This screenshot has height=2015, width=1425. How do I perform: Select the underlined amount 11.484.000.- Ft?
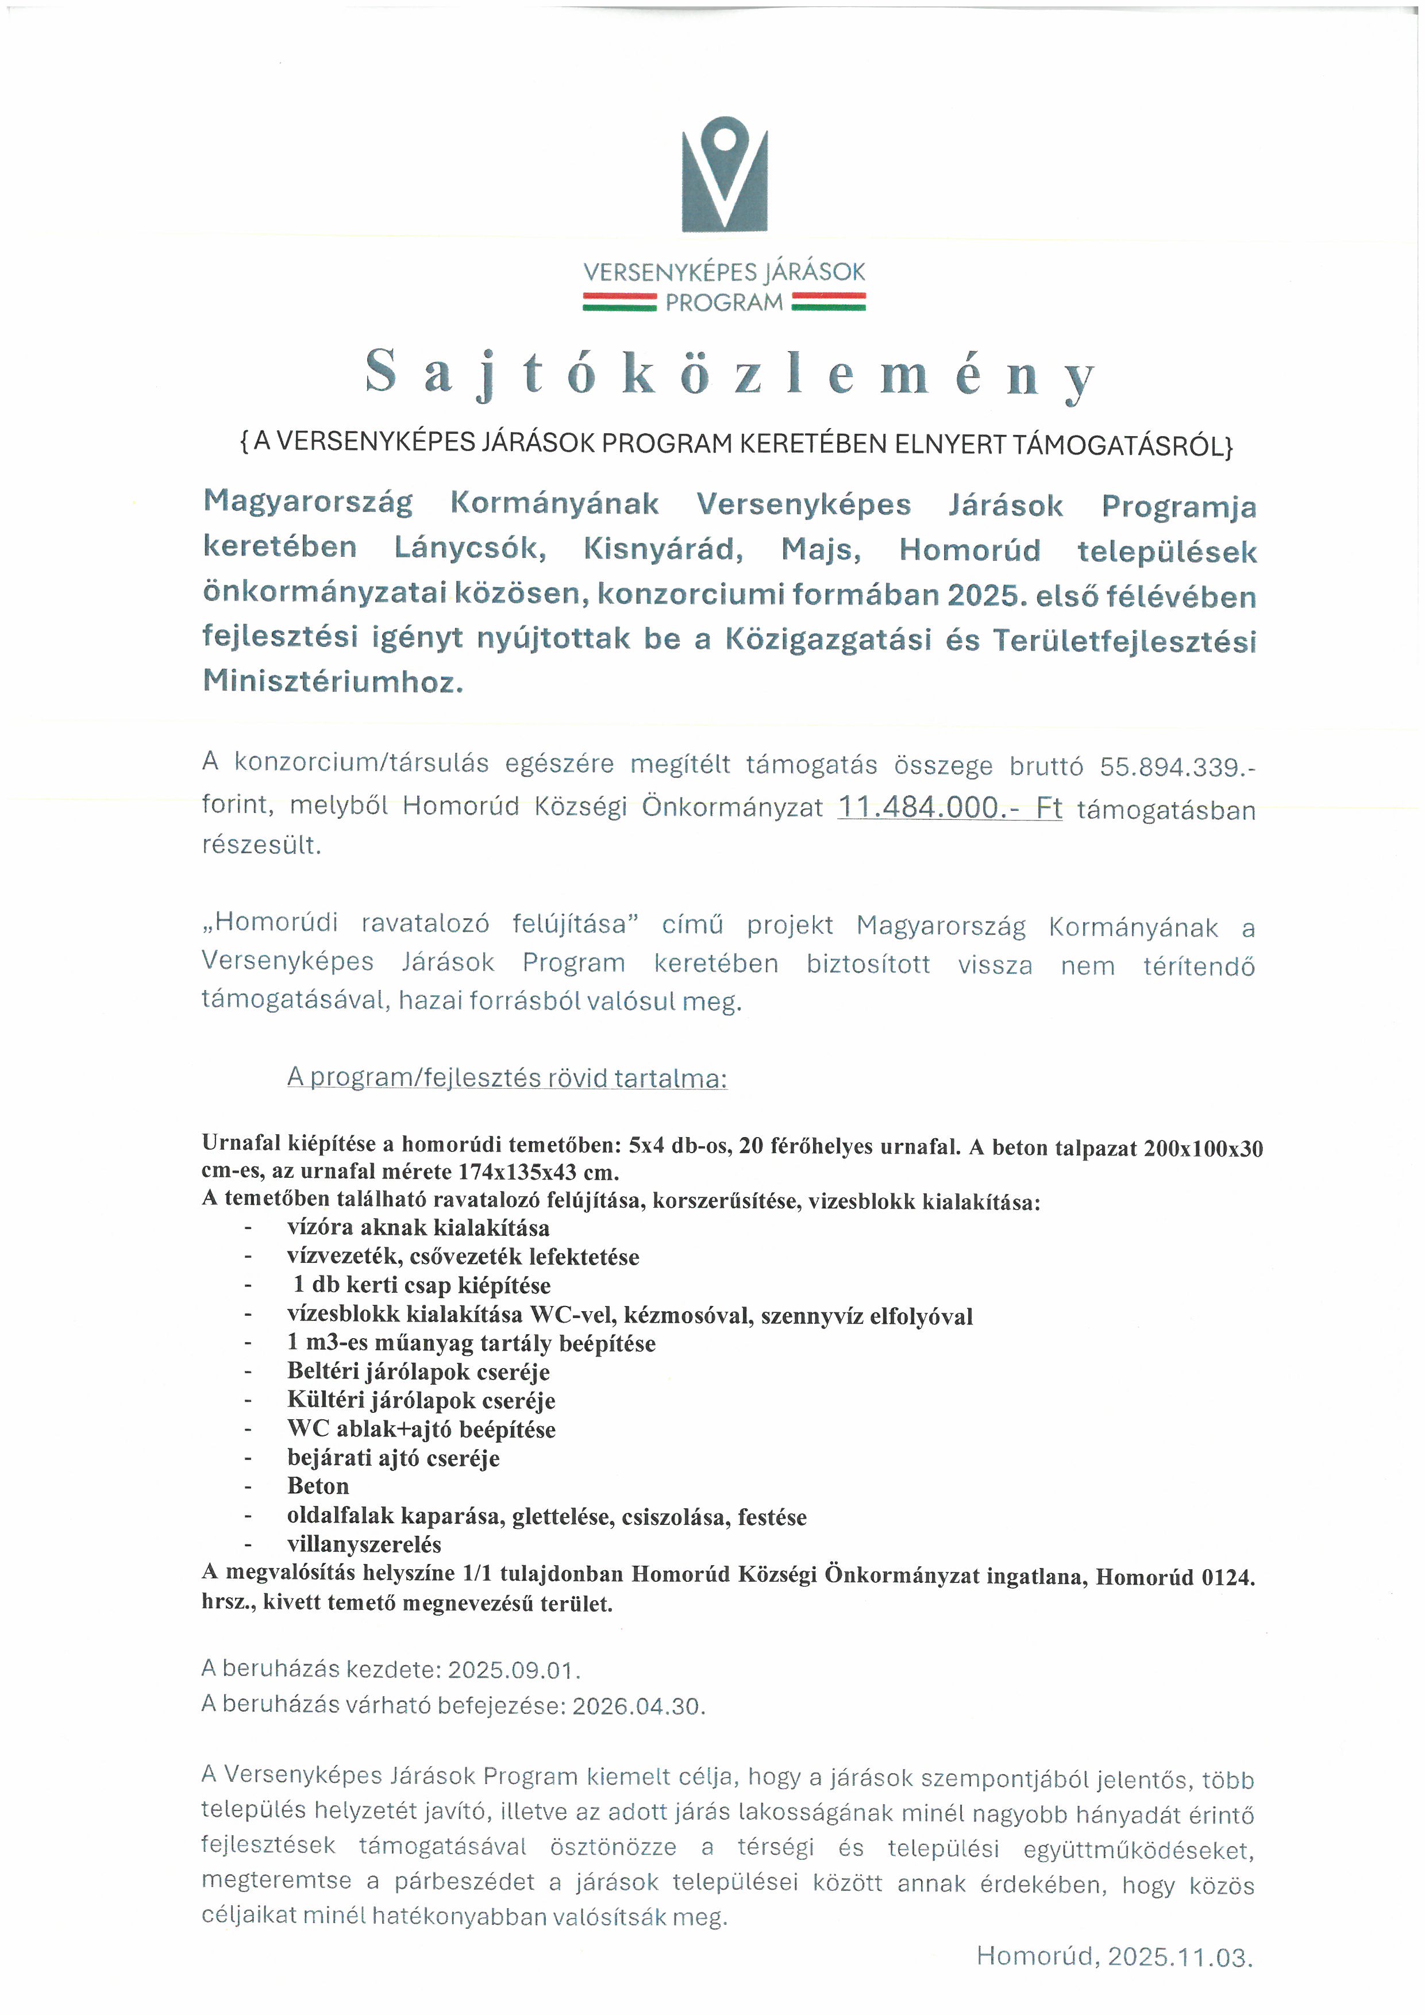949,807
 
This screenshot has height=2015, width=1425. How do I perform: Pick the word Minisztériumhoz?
333,681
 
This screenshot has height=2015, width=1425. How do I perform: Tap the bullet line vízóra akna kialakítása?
418,1227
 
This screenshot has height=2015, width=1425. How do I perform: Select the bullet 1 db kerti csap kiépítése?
421,1285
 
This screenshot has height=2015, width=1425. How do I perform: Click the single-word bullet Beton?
318,1486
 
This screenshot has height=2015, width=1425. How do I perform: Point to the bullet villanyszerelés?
364,1544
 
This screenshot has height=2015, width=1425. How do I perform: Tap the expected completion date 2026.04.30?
638,1706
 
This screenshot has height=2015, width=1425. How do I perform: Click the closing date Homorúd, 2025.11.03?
1114,1956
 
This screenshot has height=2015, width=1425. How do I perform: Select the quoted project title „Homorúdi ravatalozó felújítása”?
419,923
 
